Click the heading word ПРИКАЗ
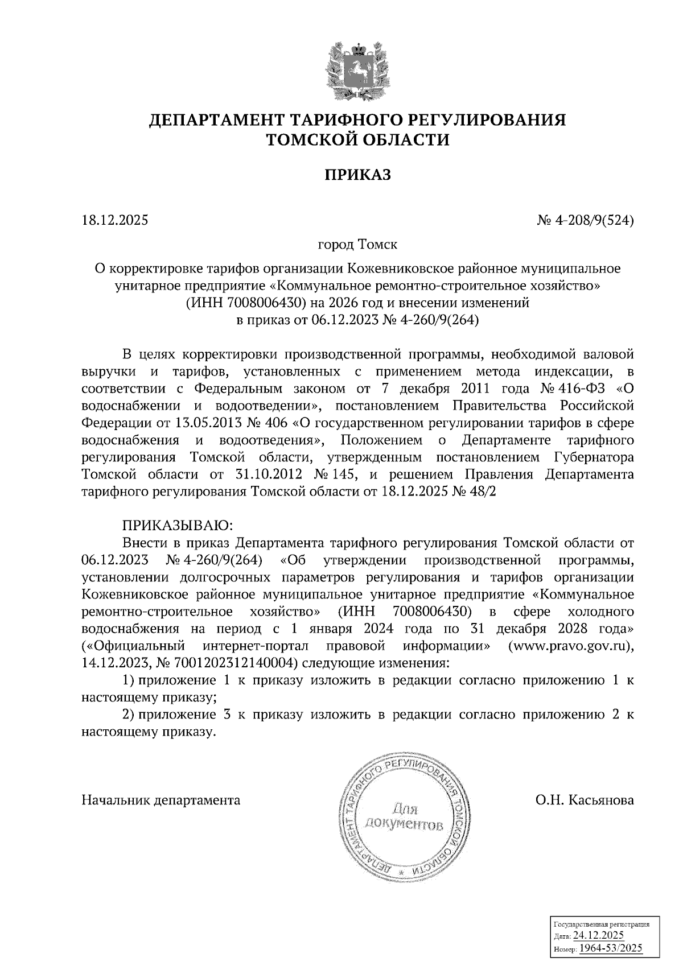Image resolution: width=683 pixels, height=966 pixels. pos(357,175)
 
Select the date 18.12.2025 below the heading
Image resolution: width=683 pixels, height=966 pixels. pos(115,220)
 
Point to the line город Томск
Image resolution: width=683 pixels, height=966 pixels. pos(357,245)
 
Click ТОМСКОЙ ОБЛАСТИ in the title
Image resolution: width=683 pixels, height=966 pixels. pos(357,139)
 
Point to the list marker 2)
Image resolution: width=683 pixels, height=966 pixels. pos(130,715)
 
